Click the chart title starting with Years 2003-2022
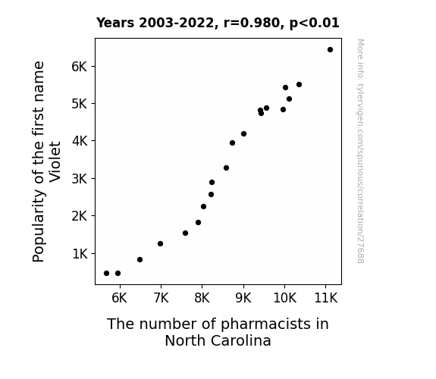pyautogui.click(x=218, y=23)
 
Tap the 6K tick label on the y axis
pyautogui.click(x=80, y=67)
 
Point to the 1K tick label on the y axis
pyautogui.click(x=80, y=254)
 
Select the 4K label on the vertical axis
pyautogui.click(x=80, y=141)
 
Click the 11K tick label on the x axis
pyautogui.click(x=325, y=298)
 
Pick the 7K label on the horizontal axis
pyautogui.click(x=161, y=298)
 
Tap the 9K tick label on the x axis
pyautogui.click(x=243, y=298)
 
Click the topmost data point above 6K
pyautogui.click(x=330, y=50)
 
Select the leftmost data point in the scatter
pyautogui.click(x=106, y=274)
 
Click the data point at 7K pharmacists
pyautogui.click(x=160, y=244)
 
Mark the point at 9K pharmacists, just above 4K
pyautogui.click(x=244, y=134)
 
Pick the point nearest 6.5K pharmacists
pyautogui.click(x=140, y=260)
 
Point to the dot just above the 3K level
pyautogui.click(x=227, y=168)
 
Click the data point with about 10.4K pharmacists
pyautogui.click(x=300, y=85)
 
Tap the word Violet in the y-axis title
pyautogui.click(x=55, y=161)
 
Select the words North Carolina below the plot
pyautogui.click(x=218, y=340)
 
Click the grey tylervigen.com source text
pyautogui.click(x=361, y=151)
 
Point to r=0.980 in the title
pyautogui.click(x=252, y=23)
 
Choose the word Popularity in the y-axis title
pyautogui.click(x=39, y=226)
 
